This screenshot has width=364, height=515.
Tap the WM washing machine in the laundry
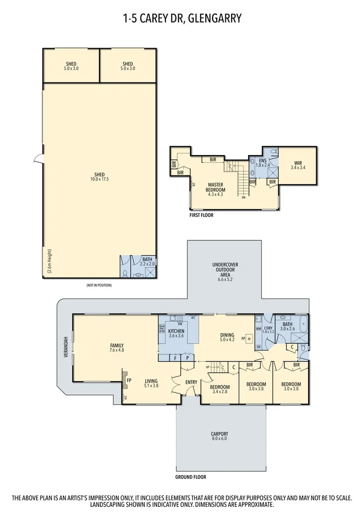(258, 329)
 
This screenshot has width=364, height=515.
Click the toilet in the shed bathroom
(125, 273)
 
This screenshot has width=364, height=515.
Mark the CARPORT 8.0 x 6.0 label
(220, 436)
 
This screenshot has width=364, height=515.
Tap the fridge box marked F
(175, 357)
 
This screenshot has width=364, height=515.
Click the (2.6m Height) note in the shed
(50, 262)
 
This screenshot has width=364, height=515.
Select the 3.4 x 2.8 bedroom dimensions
(220, 392)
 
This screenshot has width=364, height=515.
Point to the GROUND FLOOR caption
(191, 476)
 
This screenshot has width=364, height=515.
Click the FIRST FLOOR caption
(201, 215)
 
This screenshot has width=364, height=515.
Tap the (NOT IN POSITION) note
(100, 285)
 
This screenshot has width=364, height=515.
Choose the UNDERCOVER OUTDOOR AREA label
(225, 270)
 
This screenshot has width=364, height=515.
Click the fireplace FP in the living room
(129, 381)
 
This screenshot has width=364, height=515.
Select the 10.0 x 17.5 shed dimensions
(100, 179)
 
